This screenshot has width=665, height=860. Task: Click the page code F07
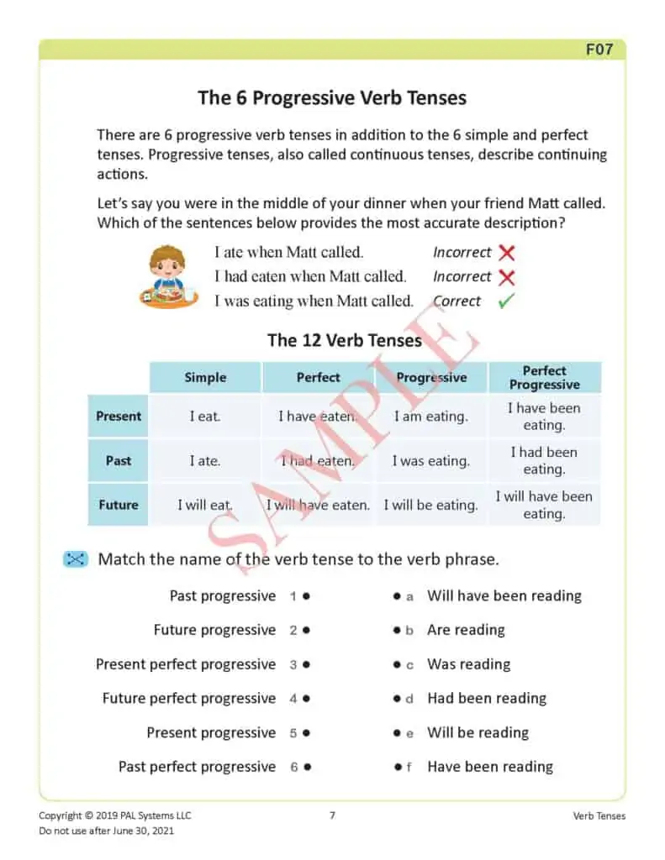599,50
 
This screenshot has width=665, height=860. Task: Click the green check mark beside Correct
506,302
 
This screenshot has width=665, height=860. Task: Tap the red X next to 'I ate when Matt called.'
506,252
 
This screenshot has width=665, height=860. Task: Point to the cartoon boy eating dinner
167,276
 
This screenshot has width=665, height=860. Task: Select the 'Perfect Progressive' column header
544,377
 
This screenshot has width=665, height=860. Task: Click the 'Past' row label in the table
119,460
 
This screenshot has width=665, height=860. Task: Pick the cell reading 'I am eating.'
431,416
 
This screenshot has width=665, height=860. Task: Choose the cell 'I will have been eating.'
544,505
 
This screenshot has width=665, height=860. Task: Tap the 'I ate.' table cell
205,460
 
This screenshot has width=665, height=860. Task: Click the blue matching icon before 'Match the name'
75,559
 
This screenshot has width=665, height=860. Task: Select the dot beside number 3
307,664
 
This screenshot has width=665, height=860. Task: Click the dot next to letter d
396,699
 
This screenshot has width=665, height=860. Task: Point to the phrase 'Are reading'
466,630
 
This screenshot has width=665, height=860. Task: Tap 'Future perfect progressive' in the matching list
189,698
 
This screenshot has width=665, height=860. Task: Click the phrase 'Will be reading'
478,732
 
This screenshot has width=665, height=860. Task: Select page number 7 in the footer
332,815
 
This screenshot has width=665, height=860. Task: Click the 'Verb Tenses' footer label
599,815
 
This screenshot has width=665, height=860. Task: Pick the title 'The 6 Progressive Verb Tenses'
332,97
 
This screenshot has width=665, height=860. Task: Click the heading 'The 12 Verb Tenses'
345,340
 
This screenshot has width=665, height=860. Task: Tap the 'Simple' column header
205,377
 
